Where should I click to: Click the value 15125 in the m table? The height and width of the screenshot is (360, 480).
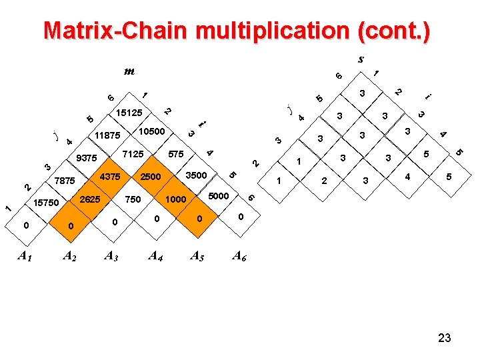pos(129,113)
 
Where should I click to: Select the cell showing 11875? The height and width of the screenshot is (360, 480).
pos(107,135)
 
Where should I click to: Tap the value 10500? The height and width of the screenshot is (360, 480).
pos(151,131)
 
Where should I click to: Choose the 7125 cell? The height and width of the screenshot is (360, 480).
pos(133,155)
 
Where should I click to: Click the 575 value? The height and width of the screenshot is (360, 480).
pos(176,155)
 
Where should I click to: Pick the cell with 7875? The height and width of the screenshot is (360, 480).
pos(65,181)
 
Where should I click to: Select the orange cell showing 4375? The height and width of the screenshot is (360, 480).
pos(109,177)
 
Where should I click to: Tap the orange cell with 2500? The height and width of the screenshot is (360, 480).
pos(150,177)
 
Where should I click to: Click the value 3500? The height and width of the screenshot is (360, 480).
pos(197,175)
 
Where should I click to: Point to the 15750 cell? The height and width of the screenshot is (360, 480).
pos(46,203)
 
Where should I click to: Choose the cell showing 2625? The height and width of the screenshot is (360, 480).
pos(89,199)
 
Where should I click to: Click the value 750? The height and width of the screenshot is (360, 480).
pos(133,199)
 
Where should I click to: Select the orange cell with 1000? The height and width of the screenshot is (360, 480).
pos(176,200)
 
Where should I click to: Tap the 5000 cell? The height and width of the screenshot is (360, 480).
pos(219,196)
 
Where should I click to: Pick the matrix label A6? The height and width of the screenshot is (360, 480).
pos(239,255)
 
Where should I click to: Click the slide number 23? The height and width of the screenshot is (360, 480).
pos(445,338)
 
